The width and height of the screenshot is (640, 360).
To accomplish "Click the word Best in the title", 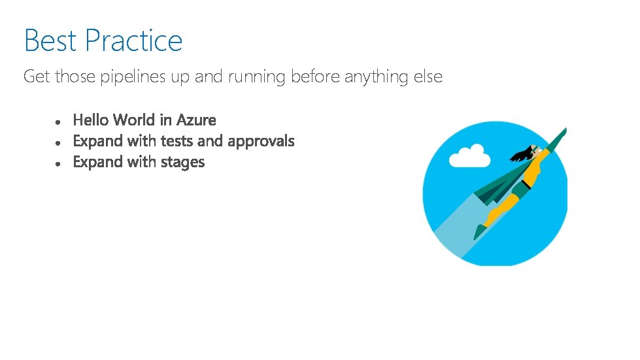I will pos(50,41).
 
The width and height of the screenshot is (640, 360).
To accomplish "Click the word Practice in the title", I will pos(133,41).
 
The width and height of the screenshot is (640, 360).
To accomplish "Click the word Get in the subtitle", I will pos(37,77).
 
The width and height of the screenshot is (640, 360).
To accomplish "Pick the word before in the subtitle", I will pos(315,77).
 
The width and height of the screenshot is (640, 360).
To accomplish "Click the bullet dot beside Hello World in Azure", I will pos(59,122).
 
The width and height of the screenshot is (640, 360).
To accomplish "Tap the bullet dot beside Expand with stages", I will pos(59,164).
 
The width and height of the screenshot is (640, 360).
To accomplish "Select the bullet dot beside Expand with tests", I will pos(59,143).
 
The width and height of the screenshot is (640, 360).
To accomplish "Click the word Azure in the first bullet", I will pos(196,120).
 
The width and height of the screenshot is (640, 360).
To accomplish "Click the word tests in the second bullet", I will pos(177,141).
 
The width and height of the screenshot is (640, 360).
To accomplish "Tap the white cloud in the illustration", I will pos(470,157).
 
